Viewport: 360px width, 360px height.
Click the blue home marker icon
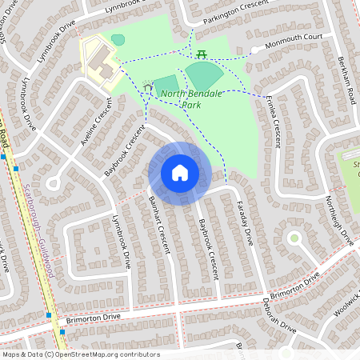pyautogui.click(x=180, y=172)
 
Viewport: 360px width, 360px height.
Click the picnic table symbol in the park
pyautogui.click(x=201, y=54)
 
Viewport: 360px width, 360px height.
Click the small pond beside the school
pyautogui.click(x=118, y=39)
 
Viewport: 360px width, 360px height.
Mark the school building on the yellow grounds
pyautogui.click(x=99, y=59)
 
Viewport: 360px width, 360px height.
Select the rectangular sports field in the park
pyautogui.click(x=166, y=86)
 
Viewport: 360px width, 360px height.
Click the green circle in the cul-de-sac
pyautogui.click(x=294, y=238)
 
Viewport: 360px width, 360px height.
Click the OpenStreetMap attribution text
pyautogui.click(x=80, y=354)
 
